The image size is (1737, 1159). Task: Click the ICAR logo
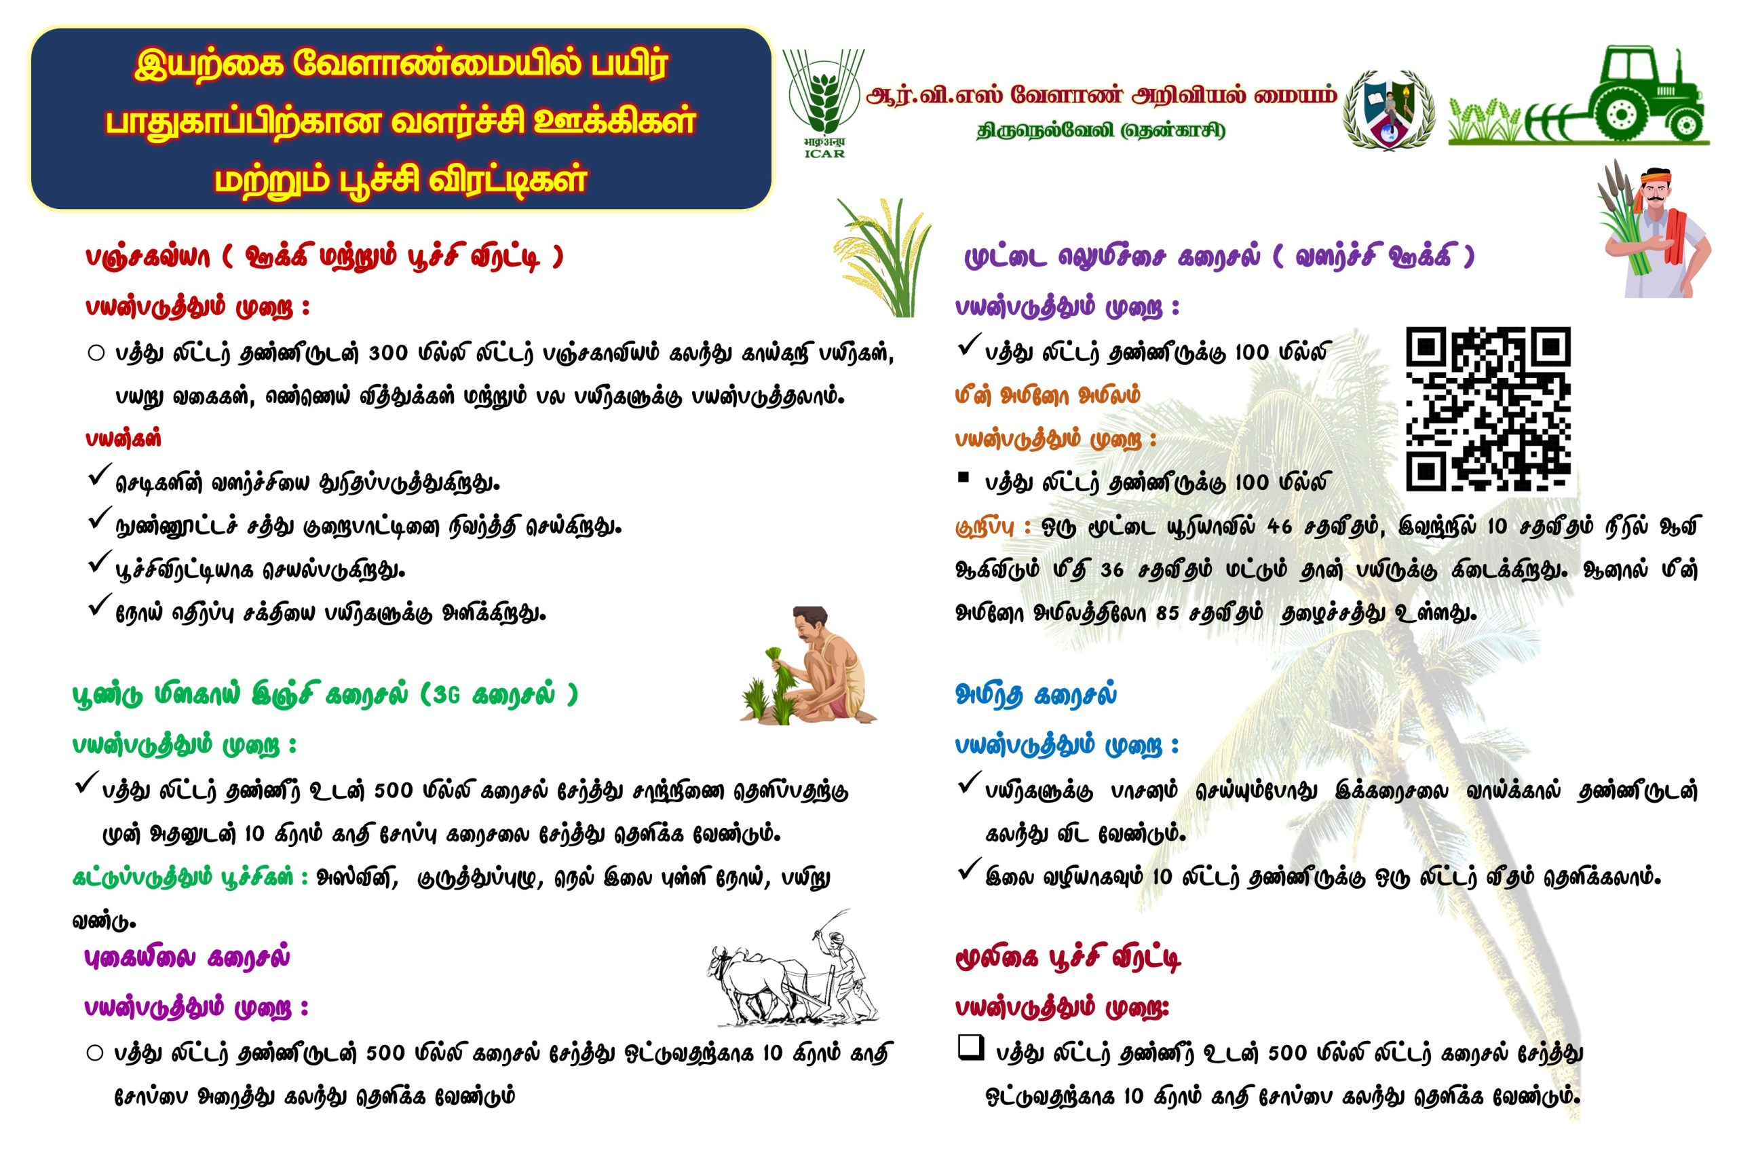pyautogui.click(x=824, y=103)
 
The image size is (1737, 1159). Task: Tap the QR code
pyautogui.click(x=1488, y=408)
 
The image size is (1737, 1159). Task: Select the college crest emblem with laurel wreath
pyautogui.click(x=1390, y=109)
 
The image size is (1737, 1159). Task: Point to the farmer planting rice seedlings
pyautogui.click(x=809, y=664)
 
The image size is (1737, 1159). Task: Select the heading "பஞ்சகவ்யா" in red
pyautogui.click(x=148, y=257)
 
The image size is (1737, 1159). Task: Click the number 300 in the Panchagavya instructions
pyautogui.click(x=388, y=354)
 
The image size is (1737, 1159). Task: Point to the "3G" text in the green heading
pyautogui.click(x=446, y=695)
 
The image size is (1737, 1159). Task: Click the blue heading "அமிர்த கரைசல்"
pyautogui.click(x=1035, y=695)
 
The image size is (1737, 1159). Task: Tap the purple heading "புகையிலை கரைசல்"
pyautogui.click(x=187, y=957)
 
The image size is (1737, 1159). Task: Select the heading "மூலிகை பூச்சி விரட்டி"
pyautogui.click(x=1068, y=959)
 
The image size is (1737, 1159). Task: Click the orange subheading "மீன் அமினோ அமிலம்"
pyautogui.click(x=1048, y=396)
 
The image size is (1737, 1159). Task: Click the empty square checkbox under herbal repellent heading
pyautogui.click(x=970, y=1048)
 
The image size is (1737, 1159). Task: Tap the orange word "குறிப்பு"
pyautogui.click(x=984, y=528)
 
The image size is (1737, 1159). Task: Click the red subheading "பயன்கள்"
pyautogui.click(x=123, y=439)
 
